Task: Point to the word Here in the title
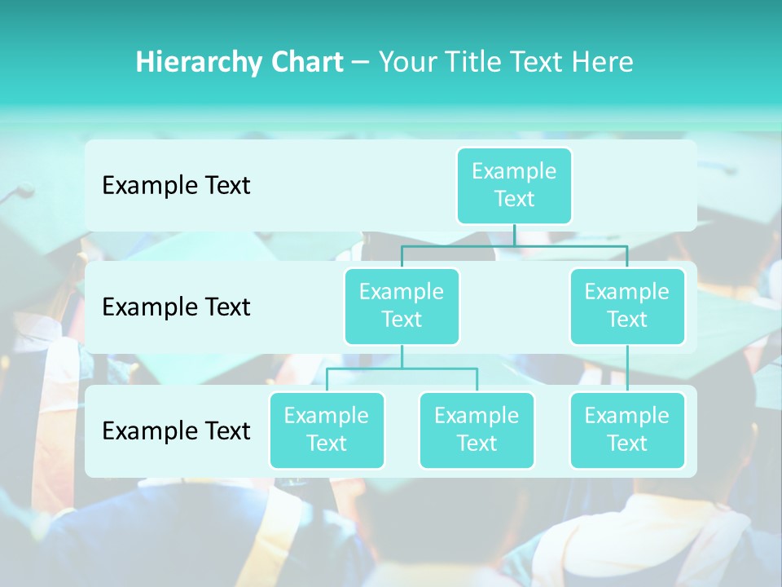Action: (603, 63)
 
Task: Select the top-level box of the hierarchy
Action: (514, 185)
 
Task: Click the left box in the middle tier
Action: (402, 306)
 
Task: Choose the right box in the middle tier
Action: (626, 306)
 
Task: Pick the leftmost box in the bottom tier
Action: (327, 430)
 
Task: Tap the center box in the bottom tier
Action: (477, 430)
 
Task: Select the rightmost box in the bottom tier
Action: (626, 430)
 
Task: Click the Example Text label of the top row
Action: (176, 186)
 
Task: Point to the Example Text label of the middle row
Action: (176, 307)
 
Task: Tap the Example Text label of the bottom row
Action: (176, 430)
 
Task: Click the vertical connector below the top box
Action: (514, 235)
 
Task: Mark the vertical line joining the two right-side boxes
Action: (626, 369)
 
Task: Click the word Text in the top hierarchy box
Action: (514, 199)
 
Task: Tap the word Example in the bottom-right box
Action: (626, 416)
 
